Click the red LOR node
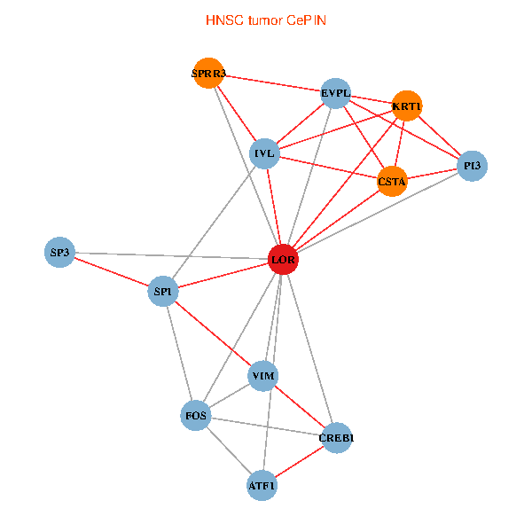pyautogui.click(x=283, y=259)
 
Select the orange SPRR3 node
pyautogui.click(x=208, y=73)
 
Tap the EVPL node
pyautogui.click(x=335, y=93)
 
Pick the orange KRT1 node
pyautogui.click(x=407, y=106)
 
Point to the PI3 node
pyautogui.click(x=472, y=166)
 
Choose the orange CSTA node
pyautogui.click(x=392, y=181)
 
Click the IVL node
pyautogui.click(x=264, y=153)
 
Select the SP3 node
pyautogui.click(x=59, y=252)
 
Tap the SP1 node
pyautogui.click(x=163, y=291)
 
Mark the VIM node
pyautogui.click(x=263, y=376)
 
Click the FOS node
pyautogui.click(x=196, y=416)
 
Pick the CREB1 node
pyautogui.click(x=336, y=438)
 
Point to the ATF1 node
pyautogui.click(x=262, y=486)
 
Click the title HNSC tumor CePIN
pyautogui.click(x=266, y=20)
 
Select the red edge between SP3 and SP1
pyautogui.click(x=112, y=272)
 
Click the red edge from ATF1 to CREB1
pyautogui.click(x=299, y=462)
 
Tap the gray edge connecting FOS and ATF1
pyautogui.click(x=229, y=450)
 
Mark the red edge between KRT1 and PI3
pyautogui.click(x=440, y=136)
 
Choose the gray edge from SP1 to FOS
pyautogui.click(x=179, y=354)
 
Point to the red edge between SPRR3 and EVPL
pyautogui.click(x=272, y=83)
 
